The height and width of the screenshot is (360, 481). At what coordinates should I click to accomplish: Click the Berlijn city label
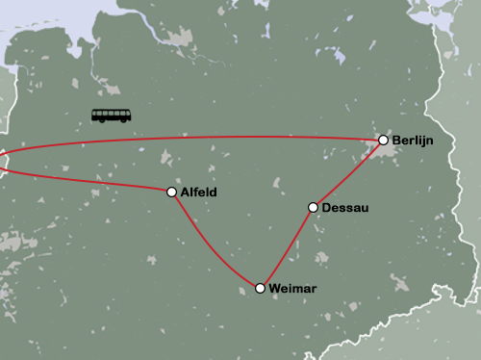(x=413, y=141)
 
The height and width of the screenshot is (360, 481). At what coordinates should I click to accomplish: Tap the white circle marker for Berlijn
(x=383, y=141)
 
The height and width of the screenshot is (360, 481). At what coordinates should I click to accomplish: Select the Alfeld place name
(x=198, y=193)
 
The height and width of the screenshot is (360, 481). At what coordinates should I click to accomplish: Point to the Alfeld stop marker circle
(x=171, y=193)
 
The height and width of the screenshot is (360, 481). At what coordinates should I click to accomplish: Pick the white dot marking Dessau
(x=313, y=207)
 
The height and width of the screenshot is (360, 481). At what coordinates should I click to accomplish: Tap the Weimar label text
(x=292, y=289)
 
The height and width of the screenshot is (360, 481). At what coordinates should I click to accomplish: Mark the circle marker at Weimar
(x=260, y=288)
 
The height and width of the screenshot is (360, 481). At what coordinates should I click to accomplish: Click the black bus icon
(x=112, y=116)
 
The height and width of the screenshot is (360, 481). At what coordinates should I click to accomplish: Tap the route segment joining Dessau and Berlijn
(x=348, y=174)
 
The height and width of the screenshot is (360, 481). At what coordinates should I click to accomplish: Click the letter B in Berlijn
(x=396, y=141)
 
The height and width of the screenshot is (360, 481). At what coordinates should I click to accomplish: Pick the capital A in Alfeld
(x=184, y=193)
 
